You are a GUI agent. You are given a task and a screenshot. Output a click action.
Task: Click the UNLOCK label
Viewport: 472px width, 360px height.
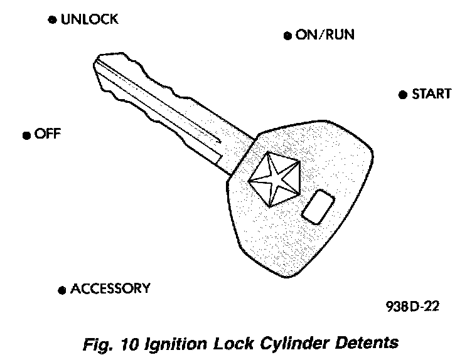(x=89, y=20)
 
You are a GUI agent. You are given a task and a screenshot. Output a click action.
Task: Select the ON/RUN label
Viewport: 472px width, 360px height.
(x=324, y=35)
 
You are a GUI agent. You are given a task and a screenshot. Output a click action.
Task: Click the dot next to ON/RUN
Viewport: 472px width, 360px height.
(x=287, y=36)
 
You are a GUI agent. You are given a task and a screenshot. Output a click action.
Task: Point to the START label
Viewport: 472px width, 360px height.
(x=431, y=95)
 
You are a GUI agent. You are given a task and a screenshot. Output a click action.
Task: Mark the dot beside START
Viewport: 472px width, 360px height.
(x=402, y=95)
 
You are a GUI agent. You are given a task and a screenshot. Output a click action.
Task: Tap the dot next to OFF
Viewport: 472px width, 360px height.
(x=26, y=135)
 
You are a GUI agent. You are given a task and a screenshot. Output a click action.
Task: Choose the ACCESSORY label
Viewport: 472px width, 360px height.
(x=110, y=289)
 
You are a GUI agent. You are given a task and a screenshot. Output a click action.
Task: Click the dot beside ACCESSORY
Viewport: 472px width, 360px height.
(x=62, y=290)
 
